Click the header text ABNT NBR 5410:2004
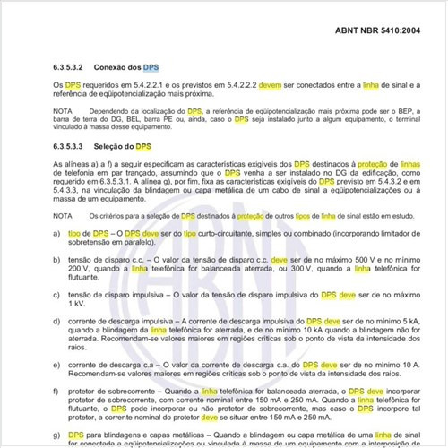377,32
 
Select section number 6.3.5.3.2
76,67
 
